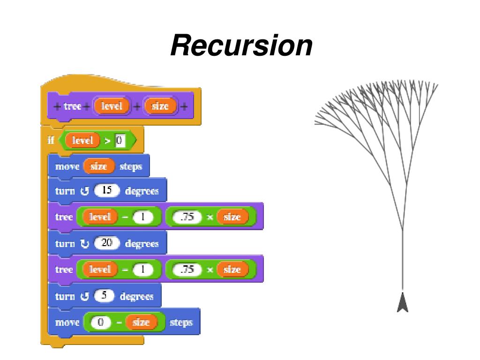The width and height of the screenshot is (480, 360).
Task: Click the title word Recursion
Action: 241,45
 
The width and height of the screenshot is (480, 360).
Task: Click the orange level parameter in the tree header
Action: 112,106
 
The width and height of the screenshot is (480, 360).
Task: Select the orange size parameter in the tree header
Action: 160,106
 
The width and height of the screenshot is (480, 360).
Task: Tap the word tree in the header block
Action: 72,106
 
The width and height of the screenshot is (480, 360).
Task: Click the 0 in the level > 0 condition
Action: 120,141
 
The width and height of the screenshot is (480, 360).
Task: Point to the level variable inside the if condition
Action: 82,141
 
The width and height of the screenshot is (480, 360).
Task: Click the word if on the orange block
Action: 51,140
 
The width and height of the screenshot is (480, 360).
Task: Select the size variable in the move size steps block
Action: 98,166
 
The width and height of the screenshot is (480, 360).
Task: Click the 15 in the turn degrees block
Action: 106,190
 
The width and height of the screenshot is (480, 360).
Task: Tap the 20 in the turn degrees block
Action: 106,243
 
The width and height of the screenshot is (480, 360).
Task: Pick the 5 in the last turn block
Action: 104,296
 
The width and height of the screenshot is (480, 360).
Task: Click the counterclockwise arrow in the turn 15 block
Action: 84,191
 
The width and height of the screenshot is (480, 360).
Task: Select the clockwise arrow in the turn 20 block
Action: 84,244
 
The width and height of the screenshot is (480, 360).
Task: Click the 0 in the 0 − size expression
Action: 100,322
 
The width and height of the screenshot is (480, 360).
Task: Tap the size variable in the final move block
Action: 141,322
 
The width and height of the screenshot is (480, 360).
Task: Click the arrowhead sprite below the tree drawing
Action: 403,302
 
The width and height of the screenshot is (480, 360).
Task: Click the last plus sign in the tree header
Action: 184,106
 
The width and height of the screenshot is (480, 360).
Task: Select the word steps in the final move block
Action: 181,322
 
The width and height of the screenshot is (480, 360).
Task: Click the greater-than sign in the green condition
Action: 107,141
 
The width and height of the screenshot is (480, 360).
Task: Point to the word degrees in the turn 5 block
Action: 136,296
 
